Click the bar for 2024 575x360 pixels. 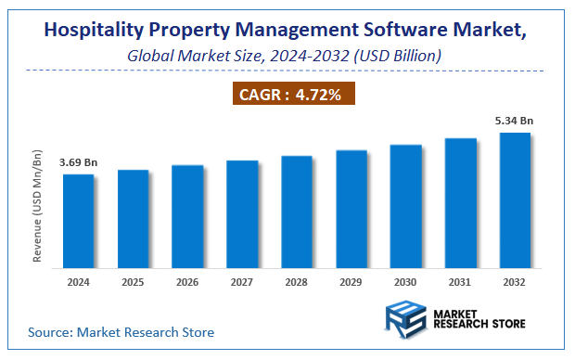(x=79, y=220)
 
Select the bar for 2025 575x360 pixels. (x=133, y=218)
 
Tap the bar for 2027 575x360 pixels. (x=242, y=213)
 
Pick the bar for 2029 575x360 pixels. (x=351, y=208)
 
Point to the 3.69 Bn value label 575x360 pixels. (x=79, y=163)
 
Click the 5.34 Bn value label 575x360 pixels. (x=515, y=121)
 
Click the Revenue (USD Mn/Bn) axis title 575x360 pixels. (x=38, y=204)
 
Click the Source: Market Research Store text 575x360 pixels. (x=121, y=331)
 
